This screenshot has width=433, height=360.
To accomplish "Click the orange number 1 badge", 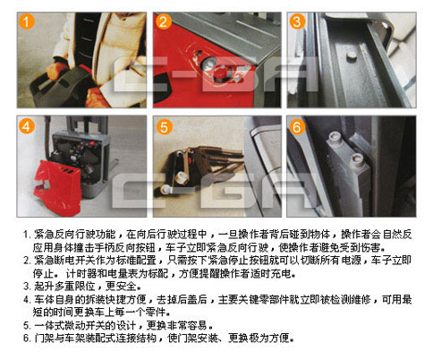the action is tap(26, 21).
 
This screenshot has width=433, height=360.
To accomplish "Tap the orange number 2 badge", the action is tap(163, 21).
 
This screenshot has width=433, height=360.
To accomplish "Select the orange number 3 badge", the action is tap(297, 21).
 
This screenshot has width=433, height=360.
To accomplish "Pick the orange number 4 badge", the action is tap(26, 126).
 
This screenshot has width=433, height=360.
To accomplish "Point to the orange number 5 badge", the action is tap(165, 127).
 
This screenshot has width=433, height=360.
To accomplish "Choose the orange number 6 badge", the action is tap(297, 127).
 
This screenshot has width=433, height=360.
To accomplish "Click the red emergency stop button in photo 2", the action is tap(221, 73).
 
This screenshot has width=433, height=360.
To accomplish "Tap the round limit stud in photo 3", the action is tap(352, 56).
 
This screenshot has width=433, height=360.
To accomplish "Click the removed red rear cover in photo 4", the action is tap(56, 187).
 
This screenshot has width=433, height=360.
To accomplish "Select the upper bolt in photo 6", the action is tap(335, 139).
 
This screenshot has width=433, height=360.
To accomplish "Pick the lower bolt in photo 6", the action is tap(356, 160).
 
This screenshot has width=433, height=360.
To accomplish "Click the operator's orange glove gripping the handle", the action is tap(56, 70).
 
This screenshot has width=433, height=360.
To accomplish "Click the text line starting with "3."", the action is tap(82, 287).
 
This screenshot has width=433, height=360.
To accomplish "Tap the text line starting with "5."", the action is tap(118, 325).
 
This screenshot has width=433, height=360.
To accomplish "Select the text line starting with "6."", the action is tap(159, 338).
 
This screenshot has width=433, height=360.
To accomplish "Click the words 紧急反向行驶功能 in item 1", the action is tap(75, 235).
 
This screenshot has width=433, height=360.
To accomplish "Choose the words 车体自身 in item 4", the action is tap(54, 299).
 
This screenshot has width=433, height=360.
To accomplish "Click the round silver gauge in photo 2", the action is tap(209, 64).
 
